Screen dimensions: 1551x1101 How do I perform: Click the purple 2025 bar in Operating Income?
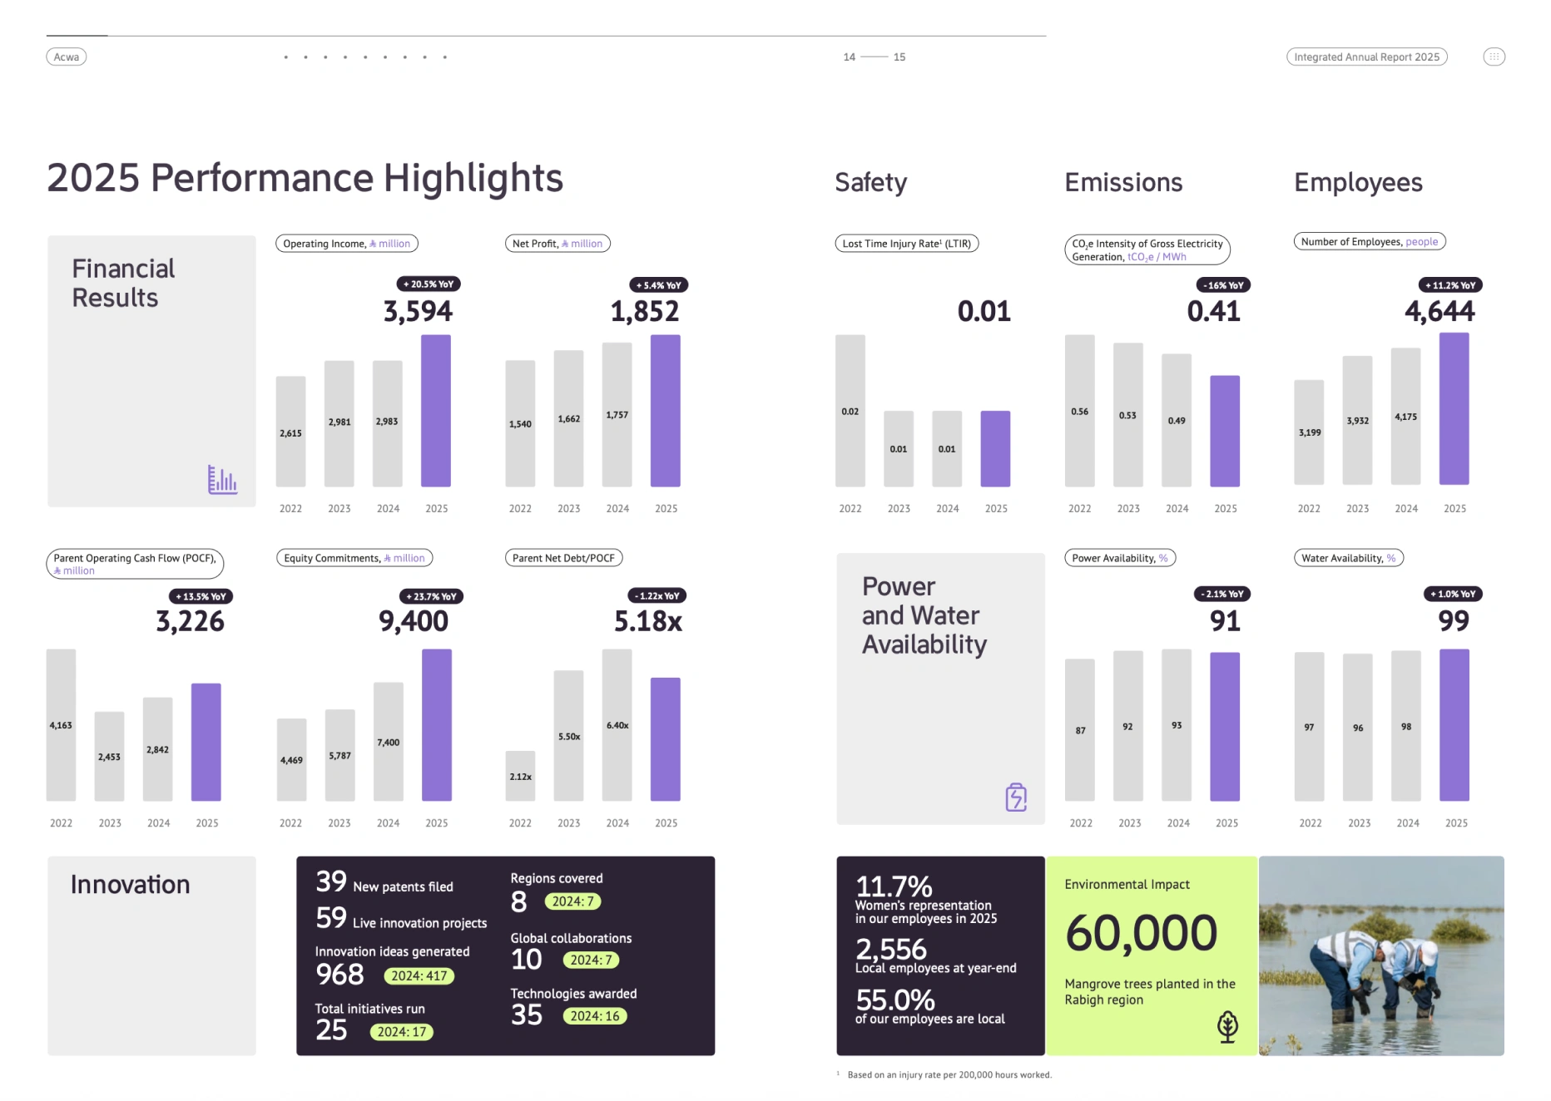point(436,411)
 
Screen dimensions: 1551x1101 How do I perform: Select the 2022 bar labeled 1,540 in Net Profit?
point(520,423)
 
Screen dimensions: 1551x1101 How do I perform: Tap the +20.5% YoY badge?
point(429,284)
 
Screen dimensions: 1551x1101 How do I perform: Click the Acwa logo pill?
point(67,57)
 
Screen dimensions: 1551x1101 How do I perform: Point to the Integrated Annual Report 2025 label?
point(1366,57)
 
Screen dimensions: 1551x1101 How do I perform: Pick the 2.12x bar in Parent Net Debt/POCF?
point(520,776)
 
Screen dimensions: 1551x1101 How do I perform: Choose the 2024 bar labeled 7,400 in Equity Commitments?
point(389,742)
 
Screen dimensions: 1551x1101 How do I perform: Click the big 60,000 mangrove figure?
point(1141,933)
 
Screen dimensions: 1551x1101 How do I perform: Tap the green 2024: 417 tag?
point(419,976)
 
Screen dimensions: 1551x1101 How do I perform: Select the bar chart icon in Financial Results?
point(222,480)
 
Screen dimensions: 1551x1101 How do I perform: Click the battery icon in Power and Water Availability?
point(1016,797)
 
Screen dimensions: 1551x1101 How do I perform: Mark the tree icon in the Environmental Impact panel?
point(1227,1027)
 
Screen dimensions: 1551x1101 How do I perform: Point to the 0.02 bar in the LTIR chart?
point(850,411)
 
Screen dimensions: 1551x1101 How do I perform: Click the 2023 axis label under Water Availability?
point(1359,823)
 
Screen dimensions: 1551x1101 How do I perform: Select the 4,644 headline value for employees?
point(1440,312)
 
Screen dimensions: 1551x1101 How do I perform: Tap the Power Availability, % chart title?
point(1120,558)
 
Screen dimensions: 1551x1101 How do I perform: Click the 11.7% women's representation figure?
point(894,886)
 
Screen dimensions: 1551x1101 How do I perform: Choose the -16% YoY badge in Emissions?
point(1223,285)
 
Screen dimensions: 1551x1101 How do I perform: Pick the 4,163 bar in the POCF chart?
point(61,725)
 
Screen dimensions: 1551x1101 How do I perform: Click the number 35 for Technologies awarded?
point(527,1015)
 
